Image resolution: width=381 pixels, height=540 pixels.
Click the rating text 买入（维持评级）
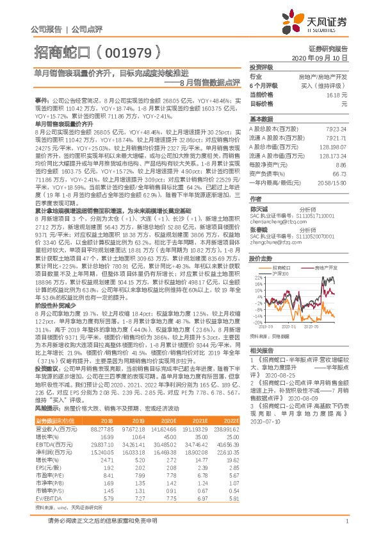tap(324, 85)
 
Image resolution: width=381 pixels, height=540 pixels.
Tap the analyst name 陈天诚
tap(257, 209)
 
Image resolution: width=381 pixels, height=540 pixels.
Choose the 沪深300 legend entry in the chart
tap(279, 273)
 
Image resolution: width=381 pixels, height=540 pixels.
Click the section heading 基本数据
tap(261, 119)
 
